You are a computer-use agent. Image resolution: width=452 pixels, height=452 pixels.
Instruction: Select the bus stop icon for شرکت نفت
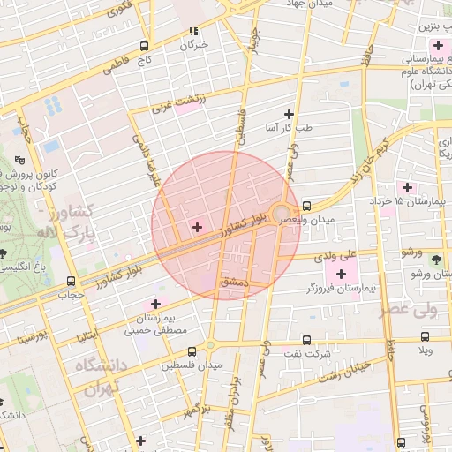tap(306, 339)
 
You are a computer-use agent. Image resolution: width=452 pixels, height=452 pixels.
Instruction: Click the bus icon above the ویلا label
tap(426, 336)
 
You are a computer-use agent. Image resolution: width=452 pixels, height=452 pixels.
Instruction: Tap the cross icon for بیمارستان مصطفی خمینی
tap(156, 304)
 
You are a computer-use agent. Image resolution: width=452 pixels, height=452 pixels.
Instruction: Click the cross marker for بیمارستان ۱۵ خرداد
tap(407, 187)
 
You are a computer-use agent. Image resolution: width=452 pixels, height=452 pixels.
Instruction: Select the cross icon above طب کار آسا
tap(289, 114)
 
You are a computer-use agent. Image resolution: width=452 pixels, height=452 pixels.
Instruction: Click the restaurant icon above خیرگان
tap(192, 31)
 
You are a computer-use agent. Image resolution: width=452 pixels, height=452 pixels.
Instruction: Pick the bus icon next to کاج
tap(144, 47)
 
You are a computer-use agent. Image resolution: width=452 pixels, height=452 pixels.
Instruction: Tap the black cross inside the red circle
tap(196, 229)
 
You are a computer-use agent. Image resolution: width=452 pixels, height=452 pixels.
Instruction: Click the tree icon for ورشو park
tap(436, 259)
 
